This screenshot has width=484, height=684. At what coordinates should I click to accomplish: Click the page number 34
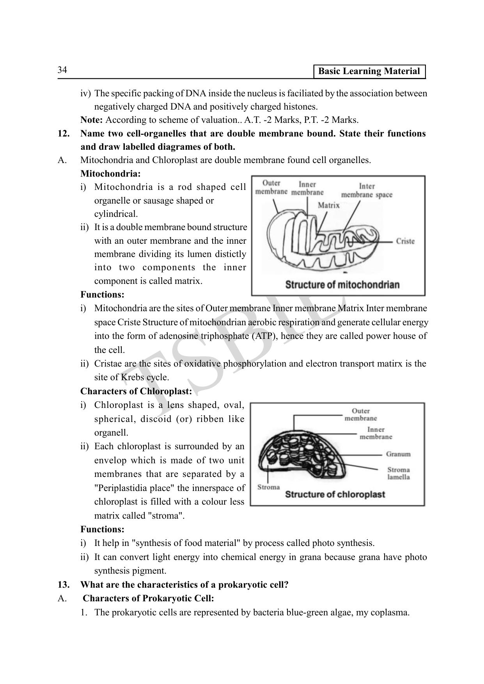(x=62, y=70)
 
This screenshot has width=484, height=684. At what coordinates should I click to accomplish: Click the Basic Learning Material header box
(x=369, y=71)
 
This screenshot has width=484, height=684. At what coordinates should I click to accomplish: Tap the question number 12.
(x=64, y=134)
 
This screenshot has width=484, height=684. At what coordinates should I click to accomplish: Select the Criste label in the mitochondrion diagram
(x=405, y=241)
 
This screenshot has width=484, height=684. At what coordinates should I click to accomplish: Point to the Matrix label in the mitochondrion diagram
(x=328, y=206)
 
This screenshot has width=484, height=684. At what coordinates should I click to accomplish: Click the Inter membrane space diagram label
(x=367, y=191)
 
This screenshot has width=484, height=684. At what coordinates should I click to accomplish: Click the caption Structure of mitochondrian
(x=342, y=285)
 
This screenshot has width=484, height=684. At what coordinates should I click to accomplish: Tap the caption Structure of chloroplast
(x=335, y=494)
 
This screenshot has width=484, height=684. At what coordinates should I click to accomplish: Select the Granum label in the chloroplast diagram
(x=398, y=454)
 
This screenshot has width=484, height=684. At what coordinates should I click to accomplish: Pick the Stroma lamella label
(x=398, y=473)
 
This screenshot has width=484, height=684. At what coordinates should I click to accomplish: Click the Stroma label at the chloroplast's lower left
(x=269, y=487)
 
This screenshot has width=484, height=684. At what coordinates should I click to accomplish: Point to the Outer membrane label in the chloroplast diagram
(x=360, y=415)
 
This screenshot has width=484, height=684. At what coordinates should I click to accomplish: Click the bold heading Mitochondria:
(x=110, y=174)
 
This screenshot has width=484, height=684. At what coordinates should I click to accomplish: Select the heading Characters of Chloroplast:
(x=136, y=391)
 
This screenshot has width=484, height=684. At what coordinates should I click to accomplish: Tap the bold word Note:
(x=92, y=120)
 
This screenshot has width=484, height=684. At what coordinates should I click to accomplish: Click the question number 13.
(x=64, y=585)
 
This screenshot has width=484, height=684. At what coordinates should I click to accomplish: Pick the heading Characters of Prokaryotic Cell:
(x=148, y=599)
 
